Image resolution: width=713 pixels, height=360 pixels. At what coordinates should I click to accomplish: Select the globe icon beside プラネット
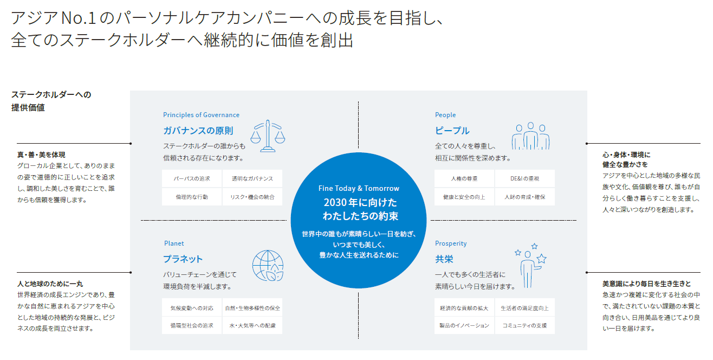click(268, 266)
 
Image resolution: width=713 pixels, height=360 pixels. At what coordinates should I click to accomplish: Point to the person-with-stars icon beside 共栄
click(530, 265)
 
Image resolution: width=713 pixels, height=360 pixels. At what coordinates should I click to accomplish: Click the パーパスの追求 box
click(192, 178)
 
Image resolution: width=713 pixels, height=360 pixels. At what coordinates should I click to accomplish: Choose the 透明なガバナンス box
click(252, 178)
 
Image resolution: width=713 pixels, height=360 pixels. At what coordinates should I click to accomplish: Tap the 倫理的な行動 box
click(192, 196)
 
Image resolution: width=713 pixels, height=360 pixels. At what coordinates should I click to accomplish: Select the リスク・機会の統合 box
click(252, 196)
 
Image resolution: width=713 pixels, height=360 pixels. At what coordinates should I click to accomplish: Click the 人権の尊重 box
click(464, 178)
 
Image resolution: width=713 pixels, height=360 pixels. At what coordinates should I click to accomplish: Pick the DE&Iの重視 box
click(524, 178)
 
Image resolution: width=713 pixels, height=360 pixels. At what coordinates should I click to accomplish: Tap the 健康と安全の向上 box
click(464, 196)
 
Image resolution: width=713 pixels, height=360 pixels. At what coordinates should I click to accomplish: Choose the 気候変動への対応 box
click(192, 308)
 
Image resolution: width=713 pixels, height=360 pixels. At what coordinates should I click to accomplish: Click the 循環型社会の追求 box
click(192, 325)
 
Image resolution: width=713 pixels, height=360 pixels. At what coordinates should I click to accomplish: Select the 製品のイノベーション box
click(464, 325)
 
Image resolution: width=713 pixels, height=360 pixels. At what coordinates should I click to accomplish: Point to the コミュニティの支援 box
click(524, 325)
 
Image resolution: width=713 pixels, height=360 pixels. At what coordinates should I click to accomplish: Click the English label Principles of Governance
click(201, 115)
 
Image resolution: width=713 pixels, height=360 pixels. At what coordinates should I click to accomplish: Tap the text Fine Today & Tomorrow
click(359, 189)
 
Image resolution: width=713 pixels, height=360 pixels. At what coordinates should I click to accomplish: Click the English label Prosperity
click(451, 243)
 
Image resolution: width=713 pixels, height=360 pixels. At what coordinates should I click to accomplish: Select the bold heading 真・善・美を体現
click(41, 155)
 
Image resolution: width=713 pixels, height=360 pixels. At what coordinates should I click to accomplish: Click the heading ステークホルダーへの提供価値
click(51, 101)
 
